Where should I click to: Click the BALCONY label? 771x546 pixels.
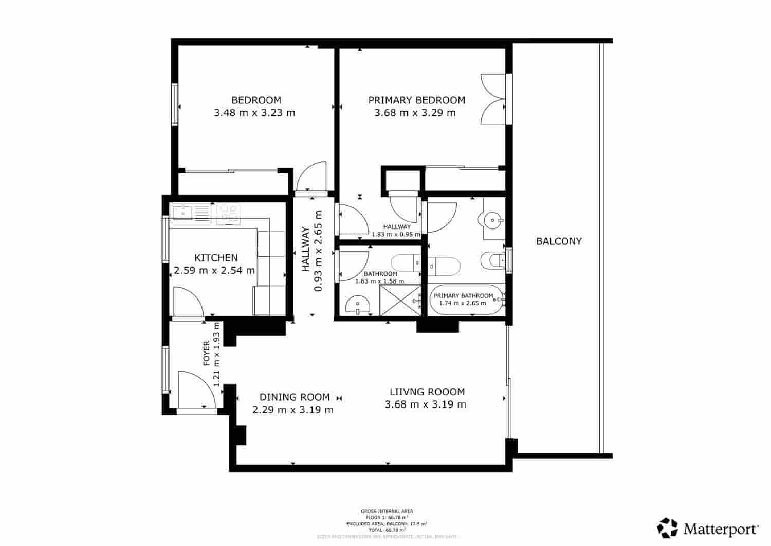pos(559,241)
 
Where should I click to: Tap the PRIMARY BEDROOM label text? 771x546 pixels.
pos(416,100)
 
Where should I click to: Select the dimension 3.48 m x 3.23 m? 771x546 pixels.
pos(254,113)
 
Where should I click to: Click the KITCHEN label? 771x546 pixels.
pos(216,258)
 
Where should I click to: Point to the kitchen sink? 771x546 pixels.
pos(182,212)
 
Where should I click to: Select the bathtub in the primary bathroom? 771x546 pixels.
pos(465,300)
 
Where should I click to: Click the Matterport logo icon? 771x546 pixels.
pos(668,528)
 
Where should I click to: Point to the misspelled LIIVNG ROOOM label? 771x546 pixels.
pos(427,392)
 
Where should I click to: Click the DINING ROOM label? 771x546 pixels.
pos(295,397)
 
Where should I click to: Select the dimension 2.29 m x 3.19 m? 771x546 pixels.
pos(293,410)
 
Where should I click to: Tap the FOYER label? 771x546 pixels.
pos(207,353)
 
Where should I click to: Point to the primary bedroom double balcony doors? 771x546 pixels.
pos(492,99)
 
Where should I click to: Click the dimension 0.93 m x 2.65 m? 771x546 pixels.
pos(318,251)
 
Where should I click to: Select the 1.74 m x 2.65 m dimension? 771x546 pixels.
pos(462,303)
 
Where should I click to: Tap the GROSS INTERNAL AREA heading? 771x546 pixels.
pos(387,511)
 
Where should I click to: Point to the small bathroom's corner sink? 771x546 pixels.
pos(358,305)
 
